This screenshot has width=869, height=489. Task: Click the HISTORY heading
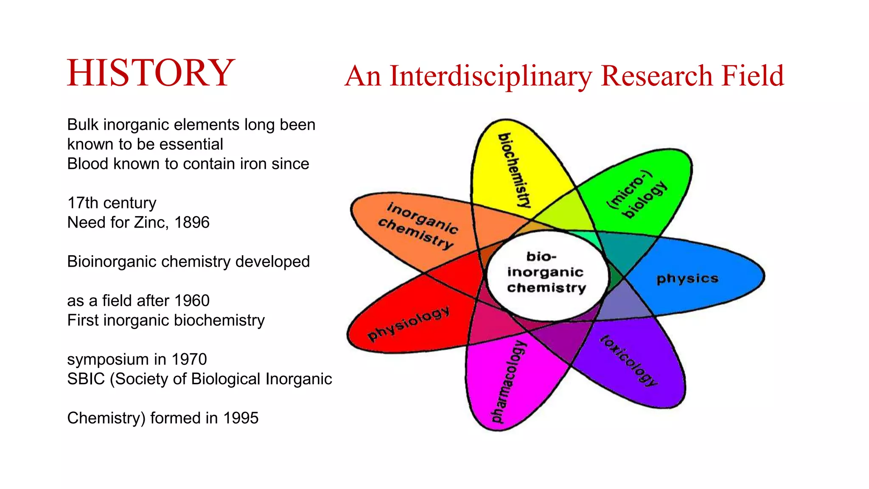(151, 73)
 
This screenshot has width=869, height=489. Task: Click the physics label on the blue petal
(687, 278)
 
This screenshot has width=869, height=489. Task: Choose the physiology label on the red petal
(408, 323)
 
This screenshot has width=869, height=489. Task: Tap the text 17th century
(112, 203)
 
